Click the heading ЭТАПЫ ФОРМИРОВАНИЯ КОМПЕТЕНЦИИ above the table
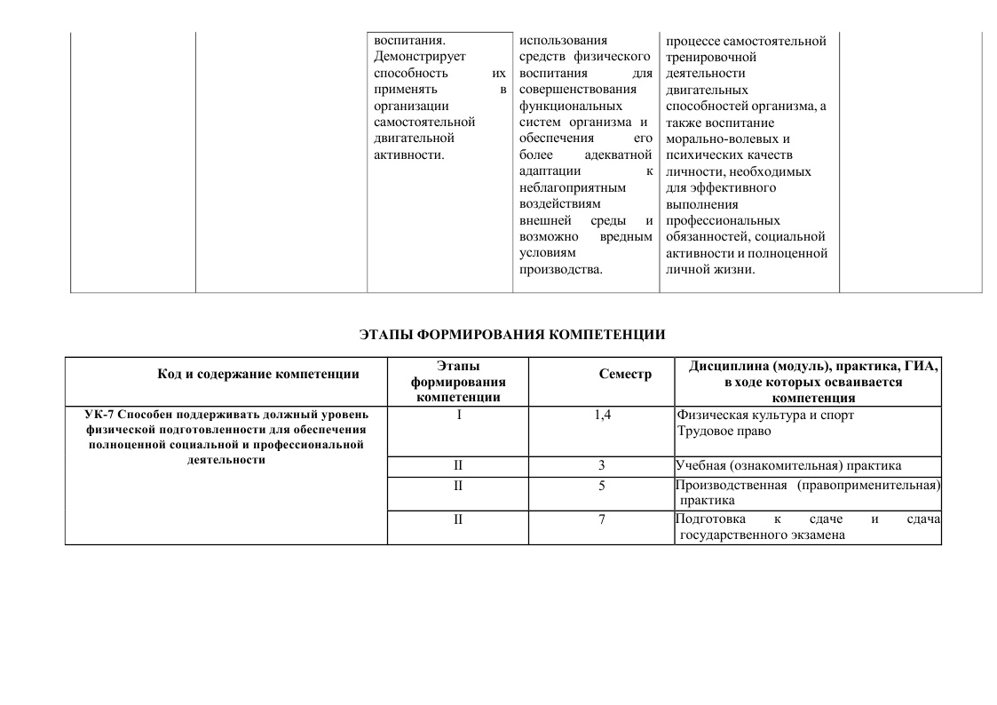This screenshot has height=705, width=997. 512,335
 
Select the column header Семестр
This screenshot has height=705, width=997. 625,375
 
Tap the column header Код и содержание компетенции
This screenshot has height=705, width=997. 258,374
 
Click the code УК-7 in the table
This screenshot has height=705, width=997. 99,415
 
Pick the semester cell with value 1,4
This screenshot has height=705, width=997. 602,415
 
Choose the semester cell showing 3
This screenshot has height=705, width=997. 602,465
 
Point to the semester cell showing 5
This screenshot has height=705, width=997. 602,486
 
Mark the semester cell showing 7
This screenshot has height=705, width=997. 602,519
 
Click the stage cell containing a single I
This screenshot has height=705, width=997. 458,415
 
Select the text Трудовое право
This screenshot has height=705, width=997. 724,432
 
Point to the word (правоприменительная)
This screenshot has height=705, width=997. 868,486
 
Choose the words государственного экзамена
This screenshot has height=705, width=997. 762,535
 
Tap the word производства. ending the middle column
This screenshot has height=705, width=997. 560,269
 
